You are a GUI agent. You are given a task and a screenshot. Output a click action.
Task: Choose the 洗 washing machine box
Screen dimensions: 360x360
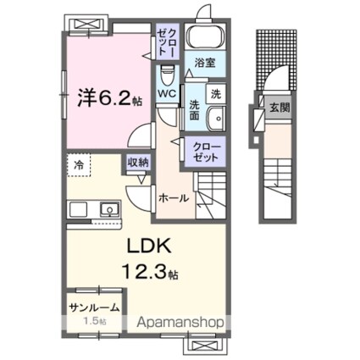216,92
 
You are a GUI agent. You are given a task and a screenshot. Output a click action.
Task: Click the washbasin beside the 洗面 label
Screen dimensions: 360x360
215,119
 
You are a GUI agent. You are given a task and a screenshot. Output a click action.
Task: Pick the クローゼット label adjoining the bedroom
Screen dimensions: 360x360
163,40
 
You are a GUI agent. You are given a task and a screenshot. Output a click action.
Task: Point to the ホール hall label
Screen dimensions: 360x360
174,197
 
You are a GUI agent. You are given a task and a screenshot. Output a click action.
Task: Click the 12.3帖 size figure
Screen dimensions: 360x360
150,275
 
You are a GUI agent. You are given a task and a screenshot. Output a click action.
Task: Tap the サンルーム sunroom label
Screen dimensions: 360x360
95,308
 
